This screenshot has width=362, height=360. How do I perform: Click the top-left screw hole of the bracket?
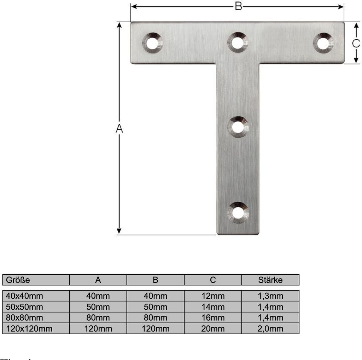pyautogui.click(x=152, y=43)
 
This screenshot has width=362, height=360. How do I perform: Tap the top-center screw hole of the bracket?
pyautogui.click(x=238, y=43)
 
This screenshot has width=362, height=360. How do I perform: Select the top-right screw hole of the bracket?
pyautogui.click(x=323, y=43)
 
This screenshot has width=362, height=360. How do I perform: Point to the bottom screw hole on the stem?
pyautogui.click(x=238, y=213)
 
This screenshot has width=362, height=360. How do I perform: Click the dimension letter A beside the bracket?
pyautogui.click(x=119, y=129)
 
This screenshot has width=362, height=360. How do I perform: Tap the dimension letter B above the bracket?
pyautogui.click(x=239, y=6)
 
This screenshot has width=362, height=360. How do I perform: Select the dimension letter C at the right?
pyautogui.click(x=356, y=43)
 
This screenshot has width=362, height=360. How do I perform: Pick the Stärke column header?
pyautogui.click(x=270, y=280)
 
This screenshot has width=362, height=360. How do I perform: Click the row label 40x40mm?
pyautogui.click(x=25, y=296)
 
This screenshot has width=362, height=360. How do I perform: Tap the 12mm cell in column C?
pyautogui.click(x=213, y=296)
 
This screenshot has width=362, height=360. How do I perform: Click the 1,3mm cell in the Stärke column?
pyautogui.click(x=270, y=296)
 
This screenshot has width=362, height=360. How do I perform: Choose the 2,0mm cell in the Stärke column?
pyautogui.click(x=270, y=328)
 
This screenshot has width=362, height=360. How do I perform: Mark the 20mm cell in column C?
pyautogui.click(x=213, y=328)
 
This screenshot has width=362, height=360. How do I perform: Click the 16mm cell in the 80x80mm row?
pyautogui.click(x=213, y=318)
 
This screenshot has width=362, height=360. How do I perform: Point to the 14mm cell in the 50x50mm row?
pyautogui.click(x=213, y=307)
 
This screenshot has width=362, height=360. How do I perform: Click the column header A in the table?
pyautogui.click(x=98, y=280)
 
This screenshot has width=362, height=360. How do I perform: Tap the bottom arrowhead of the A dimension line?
pyautogui.click(x=119, y=231)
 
